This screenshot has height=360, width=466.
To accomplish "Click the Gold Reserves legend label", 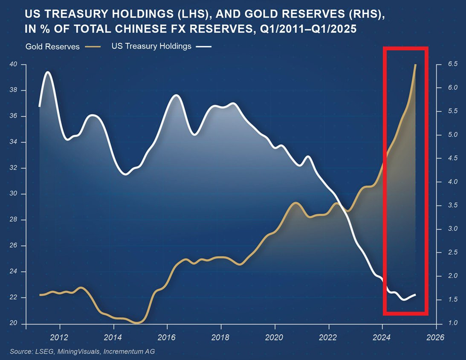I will (x=52, y=46).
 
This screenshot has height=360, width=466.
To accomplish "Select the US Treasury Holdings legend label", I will (x=151, y=46).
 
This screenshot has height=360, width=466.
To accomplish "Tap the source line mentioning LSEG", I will (x=82, y=351).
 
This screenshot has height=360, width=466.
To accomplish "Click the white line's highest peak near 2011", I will (x=48, y=72).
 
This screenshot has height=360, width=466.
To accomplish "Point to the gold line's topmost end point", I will (x=416, y=65).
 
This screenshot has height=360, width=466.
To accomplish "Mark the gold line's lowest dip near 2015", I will (x=137, y=323).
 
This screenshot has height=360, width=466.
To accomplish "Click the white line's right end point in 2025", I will (x=416, y=295).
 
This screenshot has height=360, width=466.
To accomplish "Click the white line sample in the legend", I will (x=204, y=46).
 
